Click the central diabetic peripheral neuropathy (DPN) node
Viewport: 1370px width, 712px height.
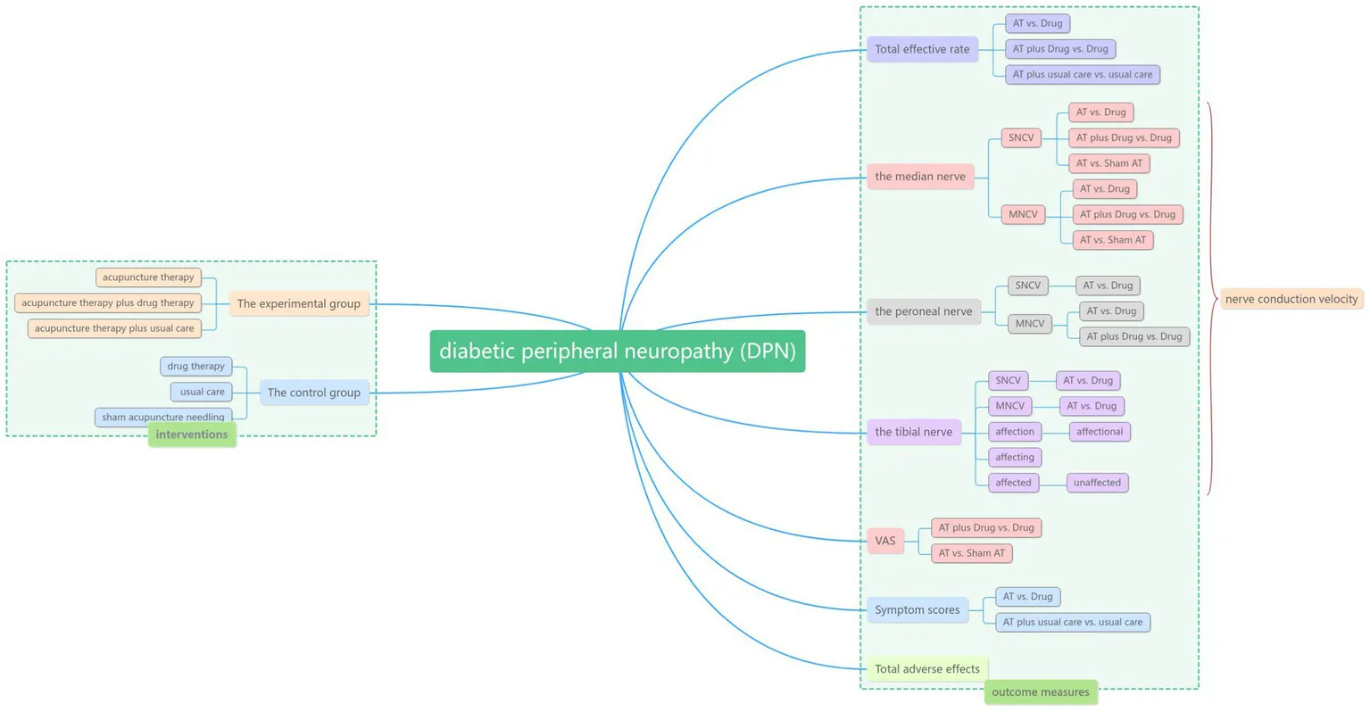click(x=617, y=351)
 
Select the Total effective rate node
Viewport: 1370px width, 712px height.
click(x=922, y=49)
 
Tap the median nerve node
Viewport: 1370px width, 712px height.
click(x=919, y=177)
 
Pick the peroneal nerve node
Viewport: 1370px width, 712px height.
click(x=923, y=311)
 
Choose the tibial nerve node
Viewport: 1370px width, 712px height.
click(x=913, y=432)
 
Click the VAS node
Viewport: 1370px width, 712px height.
click(x=884, y=541)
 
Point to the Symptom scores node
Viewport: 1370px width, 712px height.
click(x=917, y=610)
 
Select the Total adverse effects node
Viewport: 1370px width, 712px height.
click(x=926, y=669)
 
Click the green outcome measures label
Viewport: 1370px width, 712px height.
click(x=1040, y=692)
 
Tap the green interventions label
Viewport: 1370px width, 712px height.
click(x=192, y=435)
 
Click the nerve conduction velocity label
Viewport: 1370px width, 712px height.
click(x=1291, y=299)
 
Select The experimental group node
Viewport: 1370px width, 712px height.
click(x=298, y=303)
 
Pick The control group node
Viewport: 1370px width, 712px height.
click(x=313, y=393)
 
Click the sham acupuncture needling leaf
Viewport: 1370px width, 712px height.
click(x=163, y=417)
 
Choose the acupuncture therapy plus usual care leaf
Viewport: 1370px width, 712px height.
click(x=114, y=328)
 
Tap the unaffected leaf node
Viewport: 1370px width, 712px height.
click(x=1097, y=483)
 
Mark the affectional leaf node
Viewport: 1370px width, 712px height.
click(x=1099, y=432)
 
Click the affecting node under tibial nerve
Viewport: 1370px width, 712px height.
click(x=1014, y=457)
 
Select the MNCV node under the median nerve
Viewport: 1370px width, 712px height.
click(x=1022, y=214)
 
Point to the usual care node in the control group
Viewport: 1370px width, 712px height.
click(x=202, y=392)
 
